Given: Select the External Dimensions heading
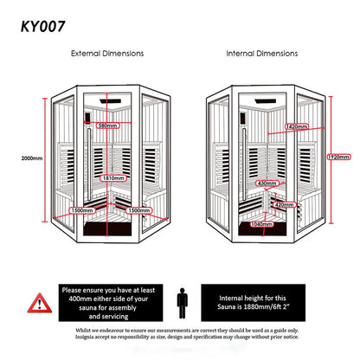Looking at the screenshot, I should click(106, 54).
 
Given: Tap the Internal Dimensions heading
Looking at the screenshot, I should click(263, 54).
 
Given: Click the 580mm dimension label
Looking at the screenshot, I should click(108, 126).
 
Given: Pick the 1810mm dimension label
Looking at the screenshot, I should click(112, 178).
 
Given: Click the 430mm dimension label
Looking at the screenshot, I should click(267, 183).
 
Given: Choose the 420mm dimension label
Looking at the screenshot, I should click(283, 205).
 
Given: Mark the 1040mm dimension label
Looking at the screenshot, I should click(260, 224).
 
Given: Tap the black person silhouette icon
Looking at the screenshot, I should click(180, 303).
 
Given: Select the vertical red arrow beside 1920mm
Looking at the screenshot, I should click(321, 158).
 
